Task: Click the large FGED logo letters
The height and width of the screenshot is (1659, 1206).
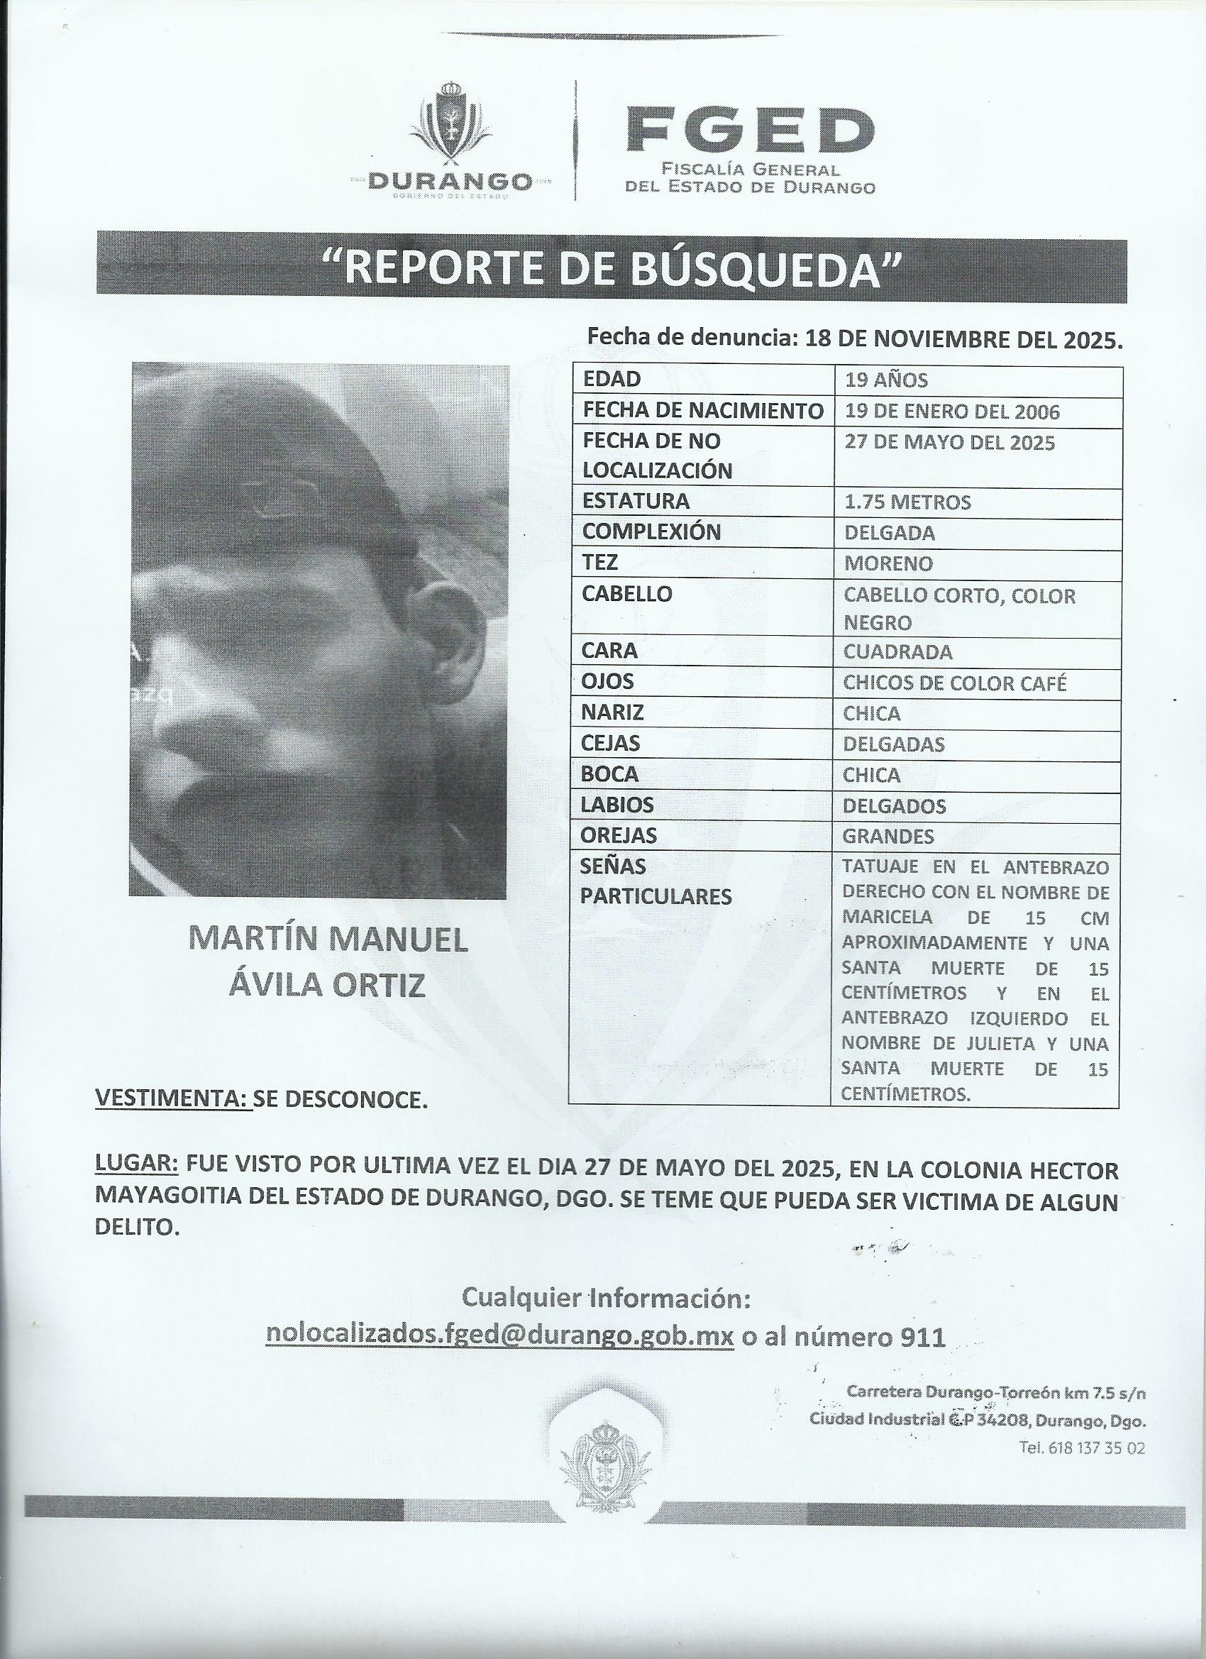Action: click(751, 130)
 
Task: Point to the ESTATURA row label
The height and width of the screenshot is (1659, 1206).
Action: click(636, 501)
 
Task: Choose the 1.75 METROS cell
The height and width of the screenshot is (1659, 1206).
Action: click(907, 502)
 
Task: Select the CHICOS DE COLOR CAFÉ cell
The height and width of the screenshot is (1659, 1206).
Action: click(954, 683)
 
